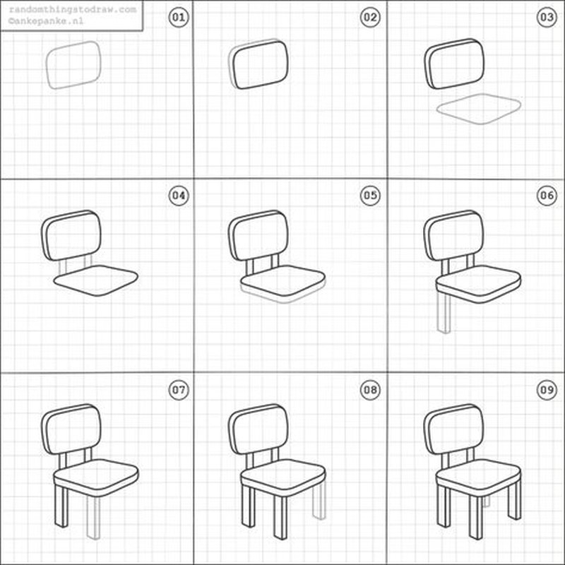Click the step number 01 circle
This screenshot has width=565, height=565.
(179, 17)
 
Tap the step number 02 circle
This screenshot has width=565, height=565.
(370, 17)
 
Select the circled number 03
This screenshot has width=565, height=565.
(547, 17)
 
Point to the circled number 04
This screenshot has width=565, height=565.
(179, 196)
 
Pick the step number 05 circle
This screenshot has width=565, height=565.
(370, 196)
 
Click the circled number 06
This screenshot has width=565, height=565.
(547, 196)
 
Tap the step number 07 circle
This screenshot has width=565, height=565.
(179, 390)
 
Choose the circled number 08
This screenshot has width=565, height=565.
(370, 390)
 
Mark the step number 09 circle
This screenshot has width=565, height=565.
(547, 390)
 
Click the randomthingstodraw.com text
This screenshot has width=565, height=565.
(73, 10)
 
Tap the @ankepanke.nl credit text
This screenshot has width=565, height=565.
(46, 21)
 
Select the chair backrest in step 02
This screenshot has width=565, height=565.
(260, 64)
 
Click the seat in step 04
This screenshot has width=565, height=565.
(95, 280)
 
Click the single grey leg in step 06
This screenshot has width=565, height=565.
(444, 314)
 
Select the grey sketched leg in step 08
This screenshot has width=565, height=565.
(319, 501)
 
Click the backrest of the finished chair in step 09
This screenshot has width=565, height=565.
(454, 429)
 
